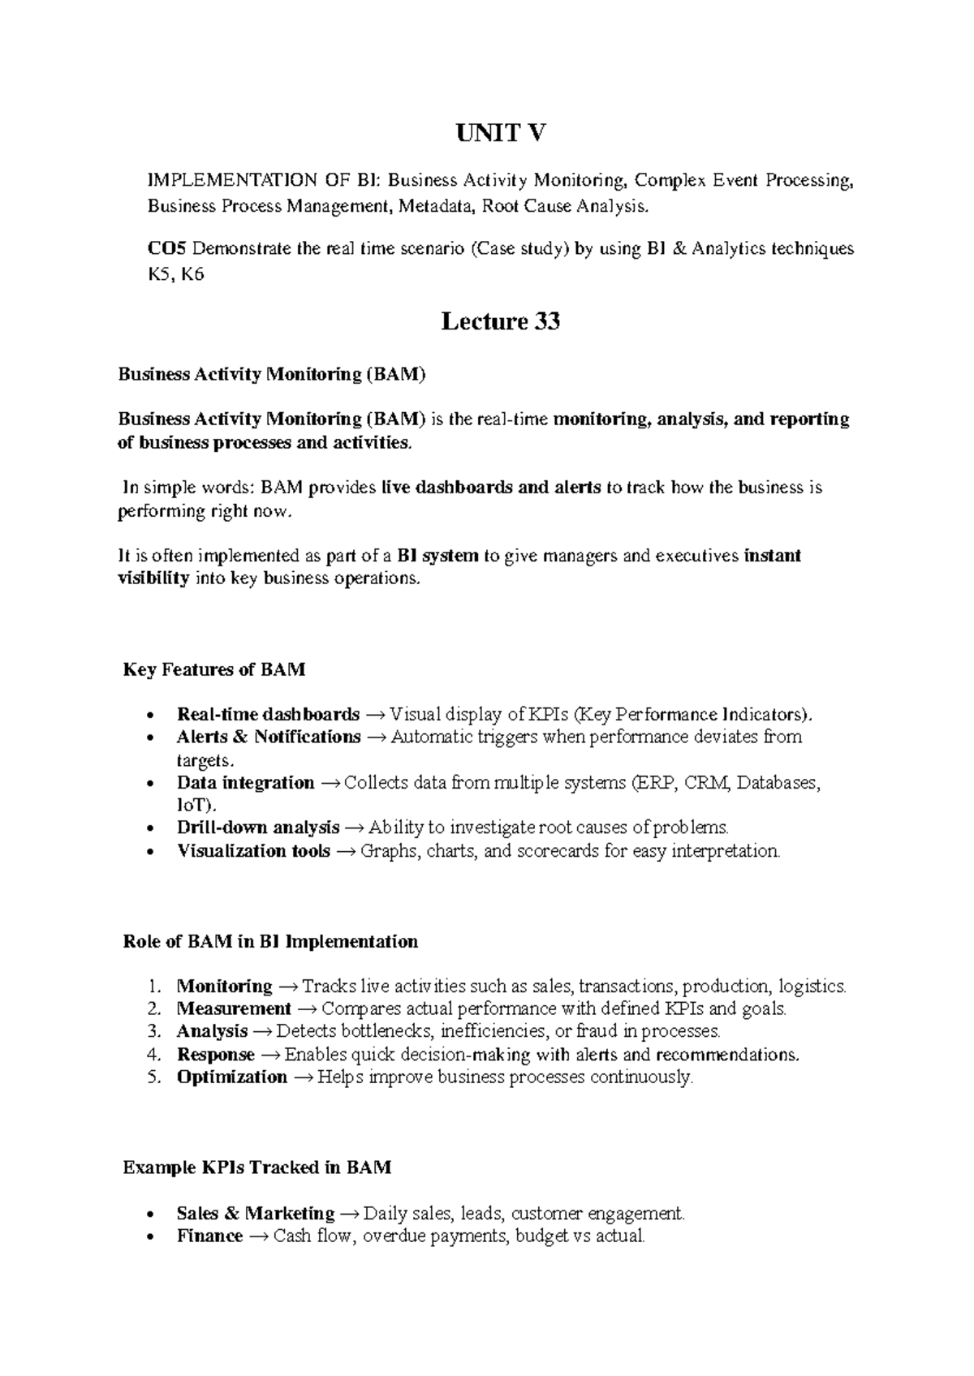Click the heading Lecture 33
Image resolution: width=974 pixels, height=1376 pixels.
point(500,322)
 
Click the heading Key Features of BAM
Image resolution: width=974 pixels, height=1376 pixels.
point(214,670)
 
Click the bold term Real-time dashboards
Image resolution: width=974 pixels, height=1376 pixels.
point(268,715)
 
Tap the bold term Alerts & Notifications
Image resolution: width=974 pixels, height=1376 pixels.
point(269,737)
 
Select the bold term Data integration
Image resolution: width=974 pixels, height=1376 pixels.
point(245,783)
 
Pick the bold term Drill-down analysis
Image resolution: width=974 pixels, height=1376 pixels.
point(258,828)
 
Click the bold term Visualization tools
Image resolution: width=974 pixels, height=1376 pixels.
point(253,851)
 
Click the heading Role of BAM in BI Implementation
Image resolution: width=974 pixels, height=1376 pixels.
point(270,942)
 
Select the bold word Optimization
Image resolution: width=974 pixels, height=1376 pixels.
point(231,1077)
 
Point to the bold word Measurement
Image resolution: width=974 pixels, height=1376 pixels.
point(234,1009)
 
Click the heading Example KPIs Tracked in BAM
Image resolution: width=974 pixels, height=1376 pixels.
point(256,1168)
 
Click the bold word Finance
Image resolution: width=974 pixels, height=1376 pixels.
point(209,1236)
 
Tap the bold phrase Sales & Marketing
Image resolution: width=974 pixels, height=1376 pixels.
point(256,1214)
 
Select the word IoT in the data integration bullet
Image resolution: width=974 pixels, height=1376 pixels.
point(192,806)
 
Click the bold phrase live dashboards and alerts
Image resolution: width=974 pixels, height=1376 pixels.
point(491,488)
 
